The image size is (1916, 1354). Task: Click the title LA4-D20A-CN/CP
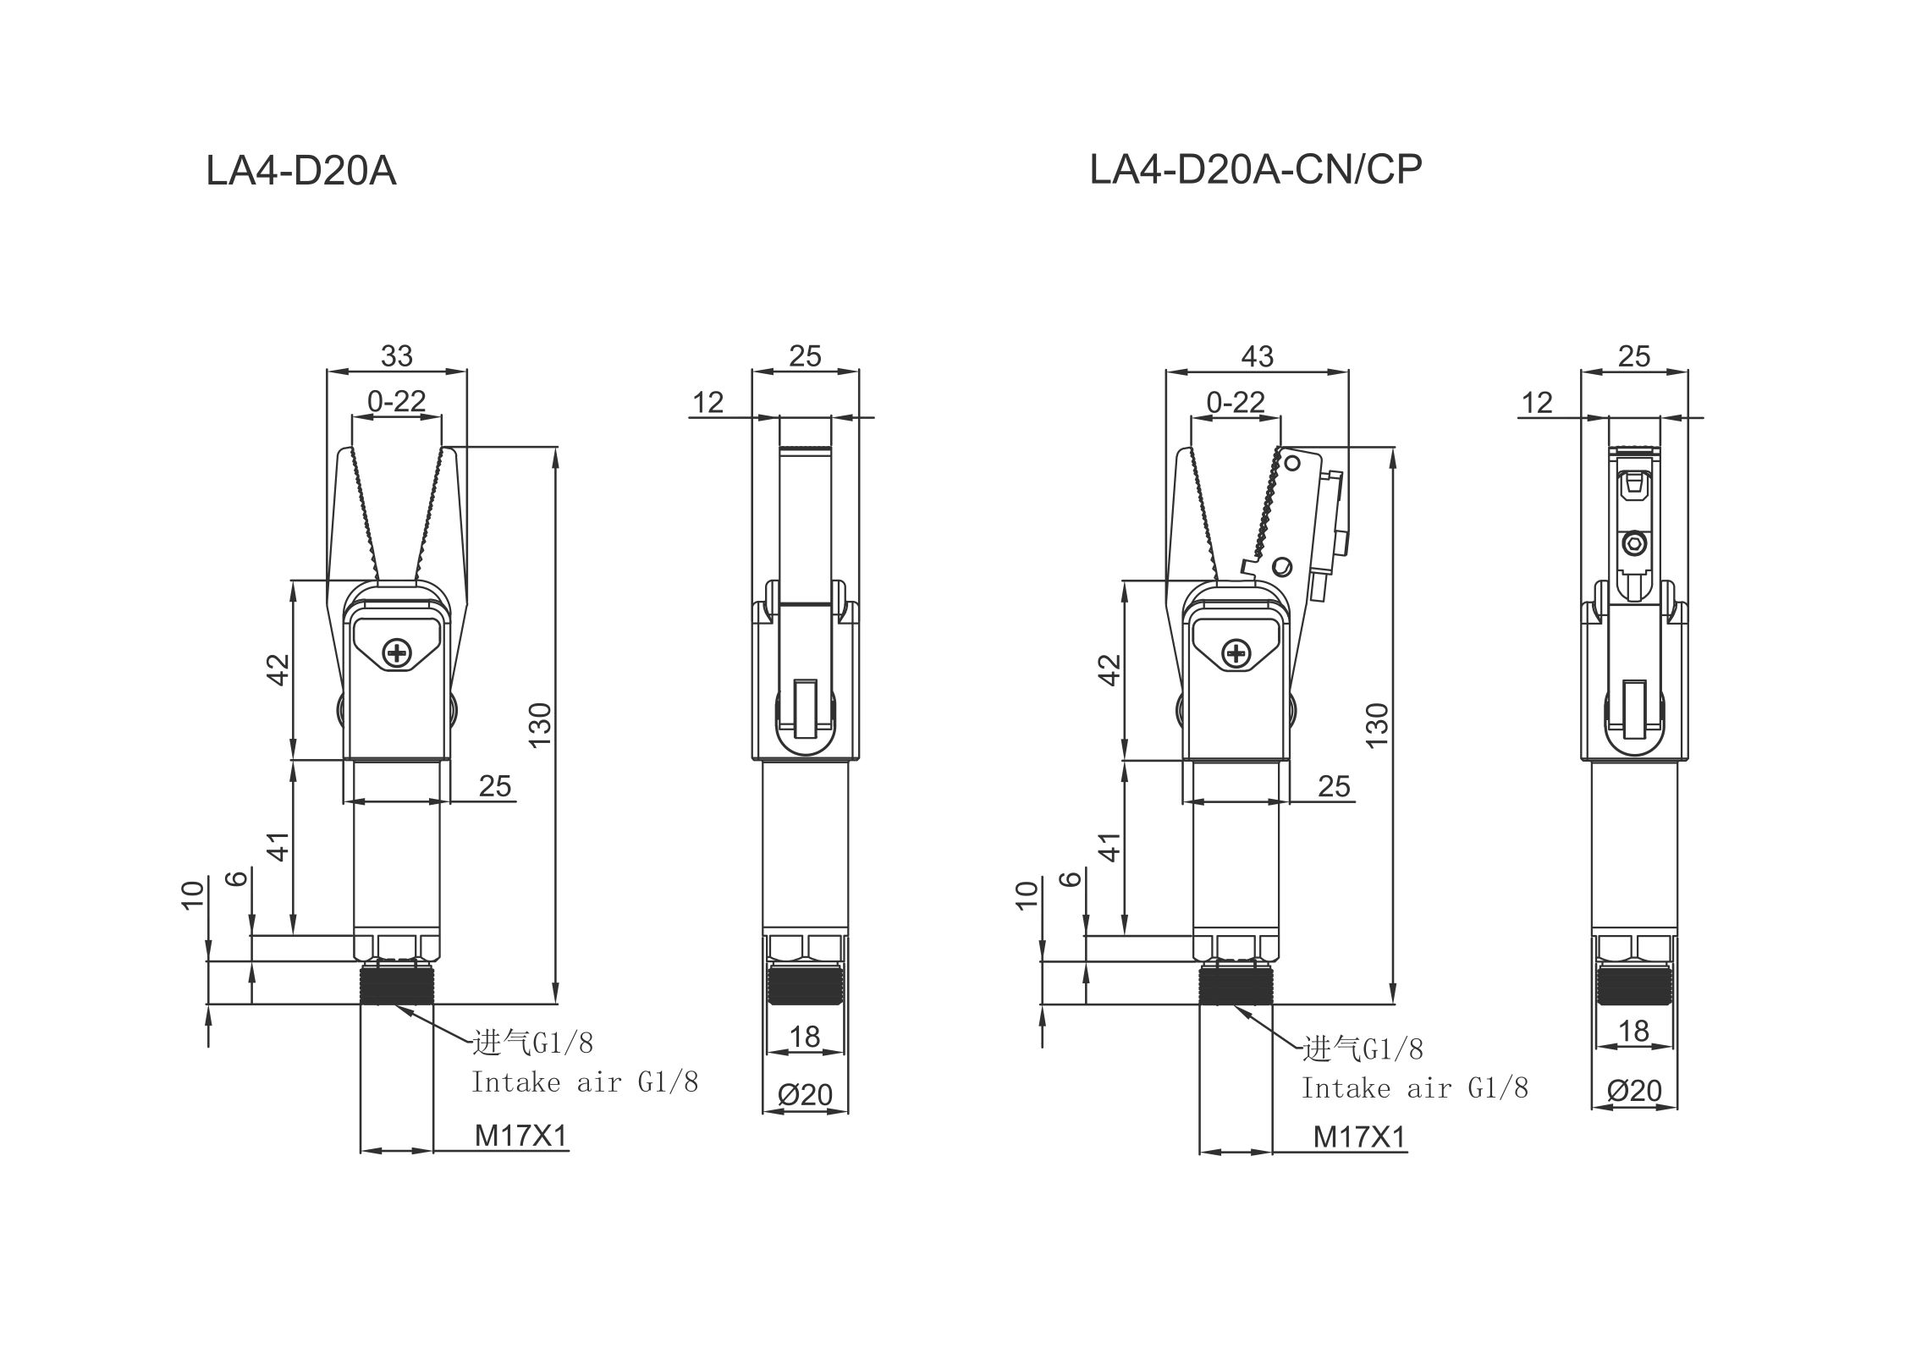tap(1255, 169)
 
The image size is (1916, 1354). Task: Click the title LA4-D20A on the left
tap(300, 171)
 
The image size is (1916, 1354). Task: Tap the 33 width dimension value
tap(396, 356)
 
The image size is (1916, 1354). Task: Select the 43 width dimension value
tap(1257, 356)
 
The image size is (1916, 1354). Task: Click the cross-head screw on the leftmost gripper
tap(396, 652)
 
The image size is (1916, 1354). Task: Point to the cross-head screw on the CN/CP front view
tap(1236, 652)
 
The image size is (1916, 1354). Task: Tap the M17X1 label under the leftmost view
tap(520, 1136)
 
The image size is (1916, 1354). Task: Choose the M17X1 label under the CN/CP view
tap(1358, 1137)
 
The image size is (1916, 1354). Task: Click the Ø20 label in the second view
tap(805, 1095)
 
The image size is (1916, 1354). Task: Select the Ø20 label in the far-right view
tap(1634, 1091)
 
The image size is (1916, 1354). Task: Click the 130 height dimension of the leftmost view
tap(540, 724)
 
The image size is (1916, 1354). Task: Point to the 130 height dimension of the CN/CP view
tap(1378, 724)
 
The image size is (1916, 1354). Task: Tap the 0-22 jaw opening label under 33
tap(396, 400)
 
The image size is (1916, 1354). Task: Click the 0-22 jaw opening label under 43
tap(1235, 401)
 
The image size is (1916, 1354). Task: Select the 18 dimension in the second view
tap(805, 1036)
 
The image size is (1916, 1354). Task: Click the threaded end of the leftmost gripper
tap(396, 985)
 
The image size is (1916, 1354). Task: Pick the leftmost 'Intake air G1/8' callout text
tap(584, 1082)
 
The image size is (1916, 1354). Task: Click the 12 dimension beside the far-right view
tap(1537, 403)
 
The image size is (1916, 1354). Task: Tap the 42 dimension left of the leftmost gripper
tap(279, 669)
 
